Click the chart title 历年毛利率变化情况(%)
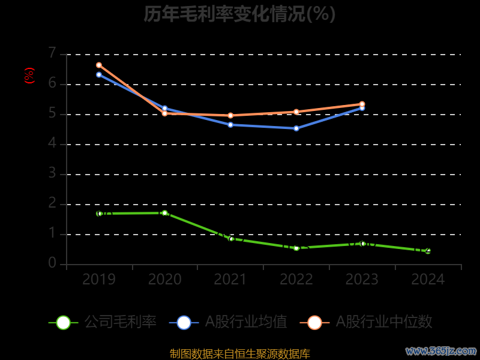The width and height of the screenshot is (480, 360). pyautogui.click(x=239, y=14)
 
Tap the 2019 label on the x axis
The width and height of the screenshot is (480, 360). pyautogui.click(x=99, y=279)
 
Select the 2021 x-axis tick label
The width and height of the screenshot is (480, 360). pyautogui.click(x=230, y=279)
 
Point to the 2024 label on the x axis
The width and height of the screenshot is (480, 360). pyautogui.click(x=428, y=279)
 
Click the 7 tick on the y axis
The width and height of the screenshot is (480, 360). pyautogui.click(x=52, y=53)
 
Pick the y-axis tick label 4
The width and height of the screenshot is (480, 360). pyautogui.click(x=52, y=143)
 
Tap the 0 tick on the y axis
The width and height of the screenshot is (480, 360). pyautogui.click(x=52, y=263)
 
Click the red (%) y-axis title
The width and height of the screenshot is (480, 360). pyautogui.click(x=29, y=76)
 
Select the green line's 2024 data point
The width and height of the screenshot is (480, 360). pyautogui.click(x=428, y=251)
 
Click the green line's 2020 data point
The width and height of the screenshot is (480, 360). pyautogui.click(x=164, y=213)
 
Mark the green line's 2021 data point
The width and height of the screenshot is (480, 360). pyautogui.click(x=231, y=239)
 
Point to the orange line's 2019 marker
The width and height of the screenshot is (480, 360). pyautogui.click(x=99, y=65)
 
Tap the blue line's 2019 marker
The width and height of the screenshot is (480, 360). pyautogui.click(x=99, y=74)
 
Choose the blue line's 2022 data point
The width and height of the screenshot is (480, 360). pyautogui.click(x=296, y=128)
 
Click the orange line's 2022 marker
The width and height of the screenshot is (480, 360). pyautogui.click(x=296, y=112)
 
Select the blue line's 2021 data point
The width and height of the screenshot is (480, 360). pyautogui.click(x=230, y=125)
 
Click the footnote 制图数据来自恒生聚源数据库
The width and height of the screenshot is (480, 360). pyautogui.click(x=239, y=354)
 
